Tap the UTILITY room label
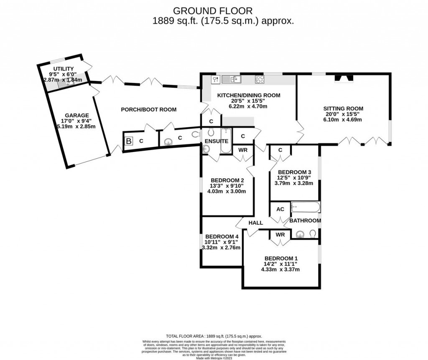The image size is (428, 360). (63, 69)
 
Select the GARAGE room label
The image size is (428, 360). (76, 116)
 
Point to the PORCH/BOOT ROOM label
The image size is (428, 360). (148, 110)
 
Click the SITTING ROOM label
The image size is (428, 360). (342, 108)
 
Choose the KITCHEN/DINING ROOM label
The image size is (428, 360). (248, 95)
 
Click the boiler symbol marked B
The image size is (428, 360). (128, 141)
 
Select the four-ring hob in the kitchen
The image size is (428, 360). (259, 79)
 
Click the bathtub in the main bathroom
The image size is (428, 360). (306, 207)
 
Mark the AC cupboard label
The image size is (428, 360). (280, 209)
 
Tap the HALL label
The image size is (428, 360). (255, 223)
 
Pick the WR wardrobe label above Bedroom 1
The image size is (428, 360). (280, 235)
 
